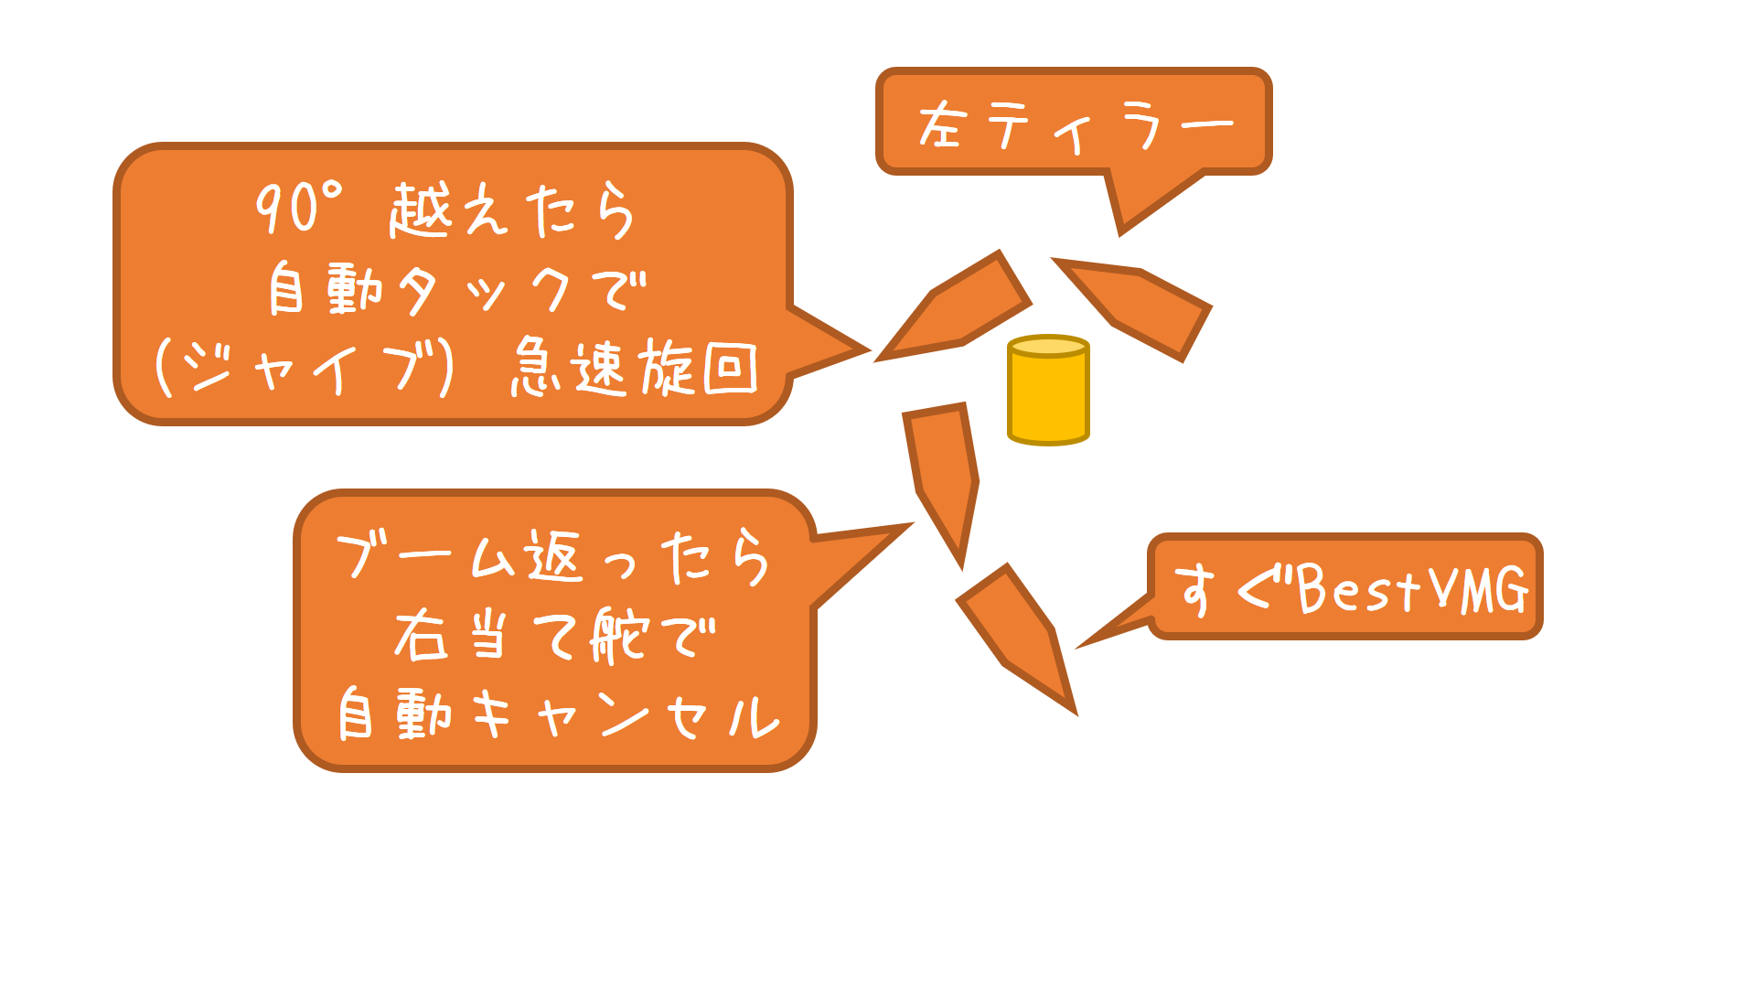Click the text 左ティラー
tap(1074, 125)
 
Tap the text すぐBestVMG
tap(1350, 588)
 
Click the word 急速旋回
tap(634, 368)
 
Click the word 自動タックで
tap(456, 290)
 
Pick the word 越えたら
tap(512, 210)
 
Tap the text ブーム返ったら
tap(552, 556)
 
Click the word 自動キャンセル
tap(558, 714)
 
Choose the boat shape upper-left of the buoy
tap(957, 307)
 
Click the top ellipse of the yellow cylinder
tap(1048, 347)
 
